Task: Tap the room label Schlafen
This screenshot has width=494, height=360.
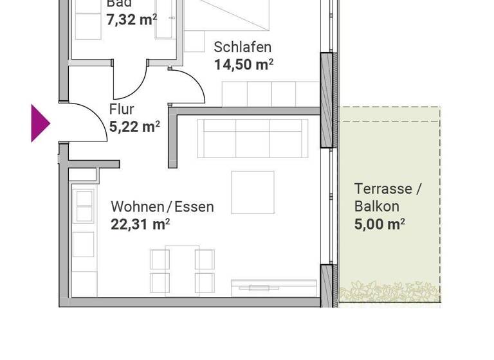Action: [x=242, y=47]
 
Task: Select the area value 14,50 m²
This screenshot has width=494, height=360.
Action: [x=244, y=64]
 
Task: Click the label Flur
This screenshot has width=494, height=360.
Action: [x=122, y=109]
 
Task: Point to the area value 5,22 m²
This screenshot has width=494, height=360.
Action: [x=134, y=127]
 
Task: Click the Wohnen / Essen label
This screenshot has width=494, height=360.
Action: [x=162, y=207]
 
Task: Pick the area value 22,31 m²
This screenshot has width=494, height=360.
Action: [x=140, y=224]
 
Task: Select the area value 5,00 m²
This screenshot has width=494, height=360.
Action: [x=380, y=224]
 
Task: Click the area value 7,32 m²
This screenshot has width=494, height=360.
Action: [x=132, y=19]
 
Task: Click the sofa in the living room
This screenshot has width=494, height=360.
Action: [x=250, y=138]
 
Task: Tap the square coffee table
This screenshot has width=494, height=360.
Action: [x=253, y=192]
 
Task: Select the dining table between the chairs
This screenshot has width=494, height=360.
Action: [x=182, y=269]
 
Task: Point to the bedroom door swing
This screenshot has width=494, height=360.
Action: [x=188, y=87]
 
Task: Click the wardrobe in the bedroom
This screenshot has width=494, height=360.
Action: [x=270, y=94]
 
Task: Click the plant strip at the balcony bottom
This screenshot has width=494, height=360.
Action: [x=389, y=293]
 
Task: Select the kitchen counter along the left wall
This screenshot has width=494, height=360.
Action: [x=84, y=238]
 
